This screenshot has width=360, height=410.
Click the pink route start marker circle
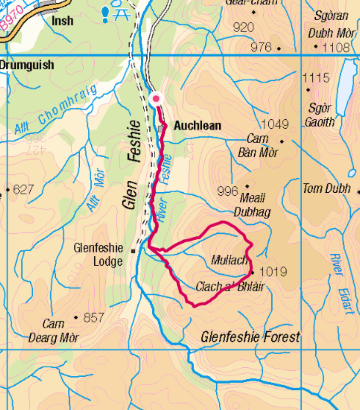156,99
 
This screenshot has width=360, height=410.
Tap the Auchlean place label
197,126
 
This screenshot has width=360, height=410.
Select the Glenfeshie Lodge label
98,254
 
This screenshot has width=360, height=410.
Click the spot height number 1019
273,271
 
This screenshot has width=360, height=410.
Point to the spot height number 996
228,191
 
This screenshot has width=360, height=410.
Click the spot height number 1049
275,124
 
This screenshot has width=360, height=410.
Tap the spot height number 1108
336,48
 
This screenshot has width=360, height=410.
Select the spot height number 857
93,317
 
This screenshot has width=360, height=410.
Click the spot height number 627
23,189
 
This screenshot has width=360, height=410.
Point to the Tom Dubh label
326,189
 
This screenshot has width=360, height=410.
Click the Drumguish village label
27,65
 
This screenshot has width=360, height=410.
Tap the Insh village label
63,20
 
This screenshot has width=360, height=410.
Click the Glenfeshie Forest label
250,337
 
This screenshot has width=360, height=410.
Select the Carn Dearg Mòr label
54,331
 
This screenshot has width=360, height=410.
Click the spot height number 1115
316,77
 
